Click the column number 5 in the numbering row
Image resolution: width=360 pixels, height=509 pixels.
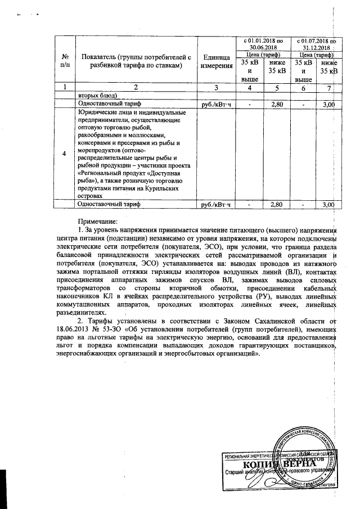277,87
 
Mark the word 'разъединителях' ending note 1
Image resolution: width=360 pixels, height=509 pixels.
82,312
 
